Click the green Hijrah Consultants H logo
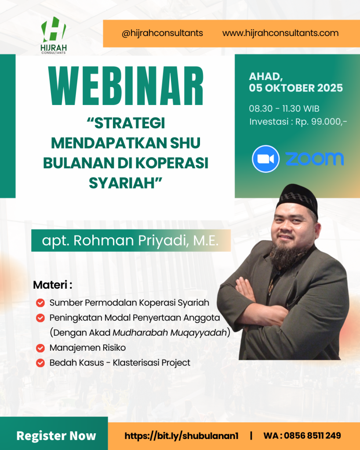click(x=53, y=32)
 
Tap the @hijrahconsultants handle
click(x=162, y=33)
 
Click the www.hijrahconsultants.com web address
click(x=280, y=33)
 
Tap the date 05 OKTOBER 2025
click(x=296, y=88)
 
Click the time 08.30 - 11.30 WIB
click(x=284, y=109)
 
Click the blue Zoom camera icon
click(x=265, y=159)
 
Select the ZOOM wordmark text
click(x=314, y=159)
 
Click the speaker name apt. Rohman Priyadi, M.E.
click(x=130, y=240)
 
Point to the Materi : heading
click(x=52, y=285)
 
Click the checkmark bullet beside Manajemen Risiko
click(x=40, y=348)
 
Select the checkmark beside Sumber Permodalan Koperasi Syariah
click(x=40, y=303)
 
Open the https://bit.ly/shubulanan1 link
click(x=181, y=436)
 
